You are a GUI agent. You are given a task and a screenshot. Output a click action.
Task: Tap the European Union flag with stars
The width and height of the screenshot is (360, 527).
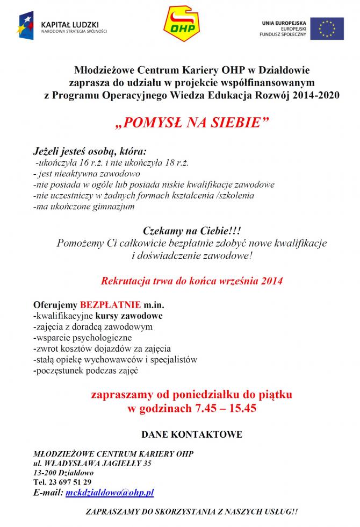(x=327, y=28)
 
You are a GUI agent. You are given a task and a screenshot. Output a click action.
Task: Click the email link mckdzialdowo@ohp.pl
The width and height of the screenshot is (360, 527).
(x=110, y=492)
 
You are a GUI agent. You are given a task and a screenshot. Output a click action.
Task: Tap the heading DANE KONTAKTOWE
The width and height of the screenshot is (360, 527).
(x=191, y=434)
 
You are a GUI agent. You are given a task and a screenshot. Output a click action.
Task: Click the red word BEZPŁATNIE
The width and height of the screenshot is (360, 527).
(x=111, y=304)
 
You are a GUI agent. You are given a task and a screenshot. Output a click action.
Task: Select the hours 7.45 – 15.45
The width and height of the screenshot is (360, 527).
(x=225, y=408)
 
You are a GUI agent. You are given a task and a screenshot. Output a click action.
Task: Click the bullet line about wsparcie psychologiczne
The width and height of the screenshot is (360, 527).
(x=82, y=338)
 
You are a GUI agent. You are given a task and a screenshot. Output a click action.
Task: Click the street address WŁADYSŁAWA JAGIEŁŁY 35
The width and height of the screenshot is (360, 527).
(x=98, y=462)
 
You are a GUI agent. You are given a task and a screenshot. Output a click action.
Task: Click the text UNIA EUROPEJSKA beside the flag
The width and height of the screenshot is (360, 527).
(x=283, y=22)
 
